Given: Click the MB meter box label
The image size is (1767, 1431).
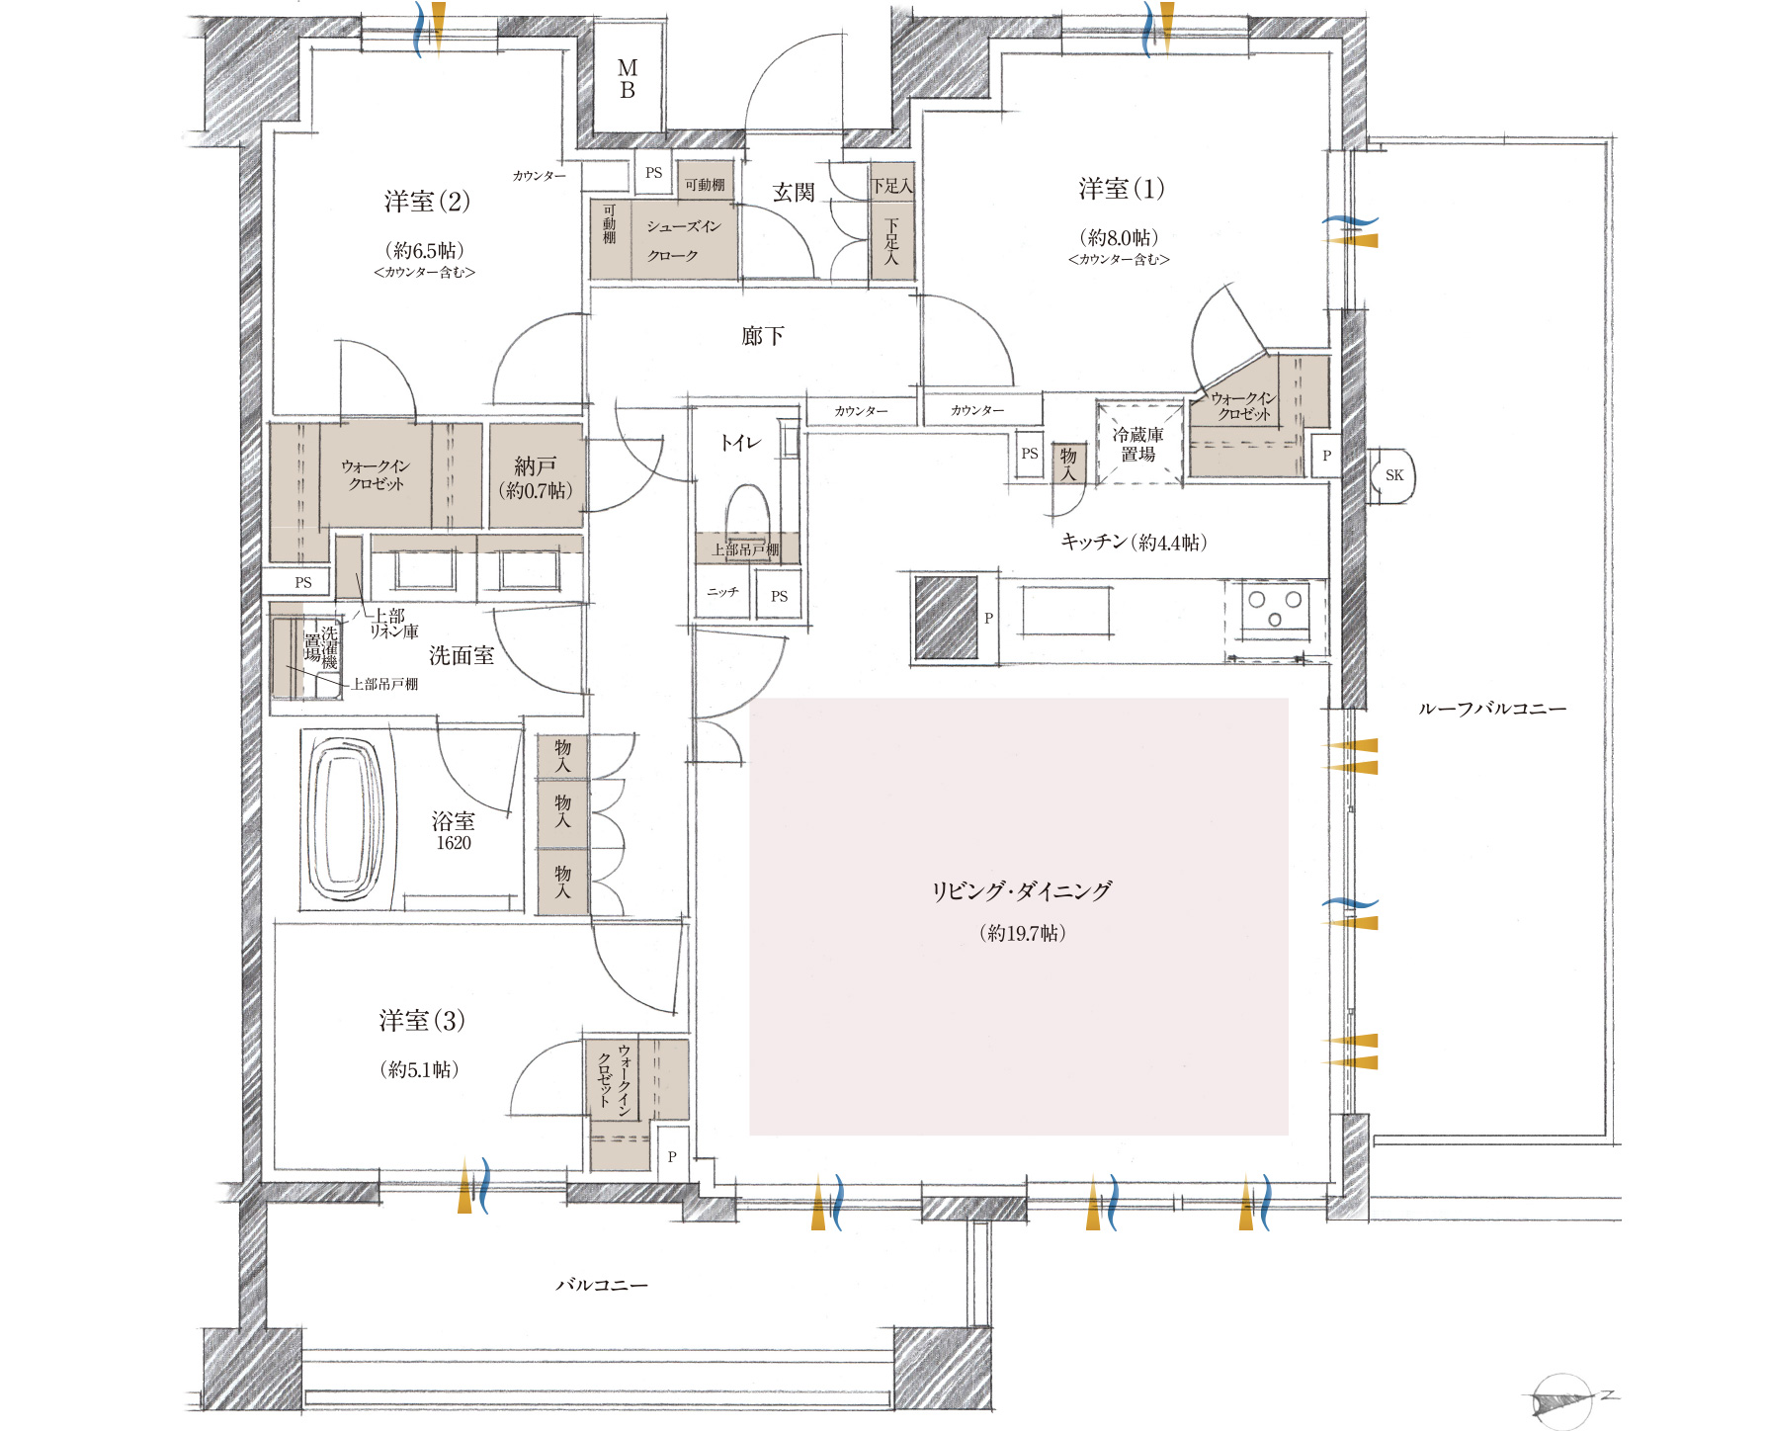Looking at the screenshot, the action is pos(628,79).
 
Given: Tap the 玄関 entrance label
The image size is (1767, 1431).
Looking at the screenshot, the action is pos(794,192).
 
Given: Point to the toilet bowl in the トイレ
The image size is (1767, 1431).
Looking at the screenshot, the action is pos(748,510).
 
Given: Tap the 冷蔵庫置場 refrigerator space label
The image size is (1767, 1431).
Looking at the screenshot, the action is pos(1138,445).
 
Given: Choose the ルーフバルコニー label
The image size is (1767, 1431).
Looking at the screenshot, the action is pos(1492,709).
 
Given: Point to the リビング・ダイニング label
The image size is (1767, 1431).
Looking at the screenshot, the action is pos(1022,890).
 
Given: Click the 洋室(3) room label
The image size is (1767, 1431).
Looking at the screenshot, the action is pos(422,1021).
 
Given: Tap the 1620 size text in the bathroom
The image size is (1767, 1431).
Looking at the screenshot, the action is pos(454,843).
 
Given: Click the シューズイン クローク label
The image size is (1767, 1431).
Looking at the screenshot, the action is pos(683,241).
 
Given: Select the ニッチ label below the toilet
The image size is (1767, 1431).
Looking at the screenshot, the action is pos(722,592).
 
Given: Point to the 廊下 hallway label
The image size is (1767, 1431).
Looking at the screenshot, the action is pos(763,336).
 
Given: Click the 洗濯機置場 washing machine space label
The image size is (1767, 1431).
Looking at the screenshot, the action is pos(321,646).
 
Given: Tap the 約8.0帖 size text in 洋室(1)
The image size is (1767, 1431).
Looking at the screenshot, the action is pos(1120,237).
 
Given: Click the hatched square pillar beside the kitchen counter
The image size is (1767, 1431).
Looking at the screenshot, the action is pos(946,618).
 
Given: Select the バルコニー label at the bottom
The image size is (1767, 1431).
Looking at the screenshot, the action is pos(602,1285).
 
